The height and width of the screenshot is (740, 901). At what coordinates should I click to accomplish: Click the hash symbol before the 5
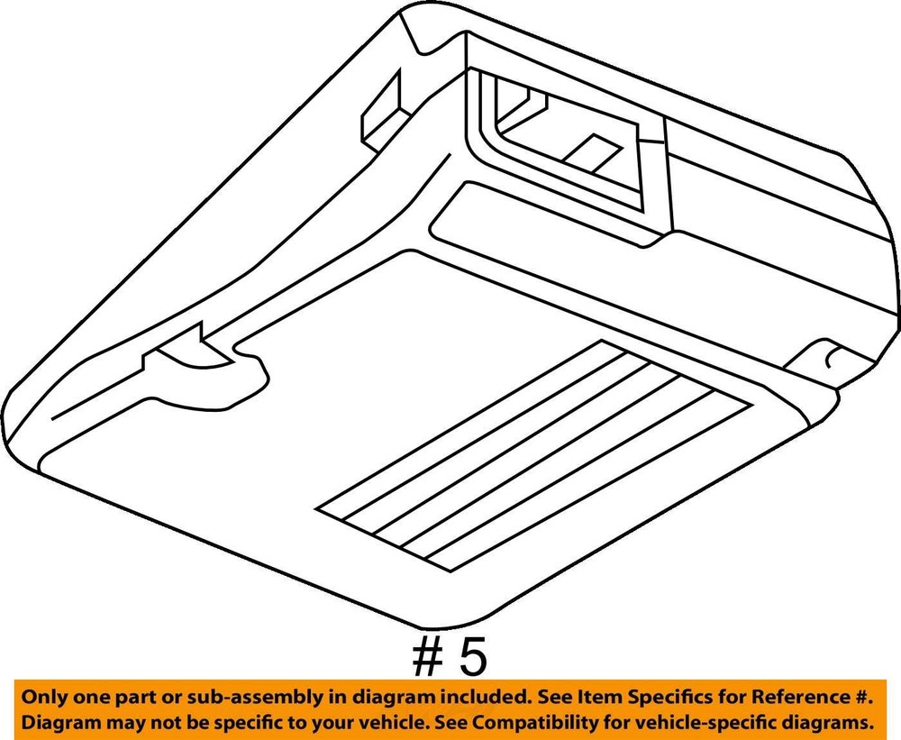[428, 658]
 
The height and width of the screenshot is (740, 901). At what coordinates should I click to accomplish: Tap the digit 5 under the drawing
[472, 658]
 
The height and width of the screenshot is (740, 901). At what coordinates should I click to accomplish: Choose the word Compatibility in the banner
[543, 722]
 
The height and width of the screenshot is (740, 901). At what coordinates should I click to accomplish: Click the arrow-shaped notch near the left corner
[189, 351]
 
